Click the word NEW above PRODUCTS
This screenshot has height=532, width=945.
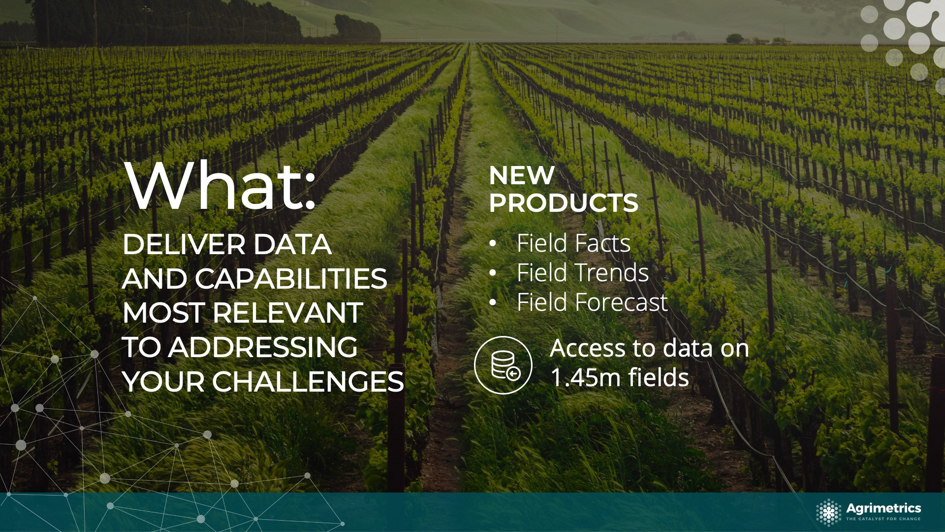pyautogui.click(x=522, y=175)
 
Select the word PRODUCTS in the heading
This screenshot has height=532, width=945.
pyautogui.click(x=564, y=202)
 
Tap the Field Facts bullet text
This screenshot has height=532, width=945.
pyautogui.click(x=573, y=243)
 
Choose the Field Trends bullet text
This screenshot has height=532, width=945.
pyautogui.click(x=583, y=272)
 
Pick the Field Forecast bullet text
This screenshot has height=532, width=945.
pyautogui.click(x=592, y=302)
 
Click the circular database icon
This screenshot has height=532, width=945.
pyautogui.click(x=503, y=365)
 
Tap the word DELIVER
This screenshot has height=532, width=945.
pyautogui.click(x=184, y=244)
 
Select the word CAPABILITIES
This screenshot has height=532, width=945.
pyautogui.click(x=291, y=279)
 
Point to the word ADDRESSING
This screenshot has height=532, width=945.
pyautogui.click(x=263, y=347)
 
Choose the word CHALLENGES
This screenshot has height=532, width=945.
pyautogui.click(x=308, y=382)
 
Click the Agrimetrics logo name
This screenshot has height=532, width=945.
pyautogui.click(x=883, y=508)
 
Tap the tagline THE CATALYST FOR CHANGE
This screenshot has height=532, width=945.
pyautogui.click(x=883, y=519)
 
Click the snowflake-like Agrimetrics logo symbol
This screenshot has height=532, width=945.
pyautogui.click(x=829, y=512)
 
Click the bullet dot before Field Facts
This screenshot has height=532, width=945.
pyautogui.click(x=493, y=244)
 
